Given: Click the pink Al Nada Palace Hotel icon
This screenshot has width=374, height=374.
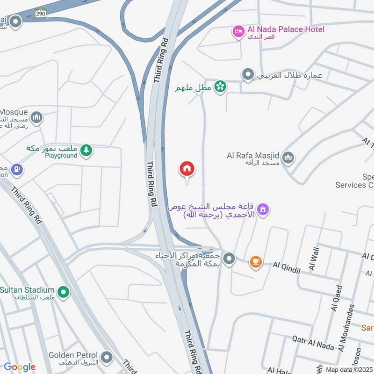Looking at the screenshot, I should (x=238, y=32).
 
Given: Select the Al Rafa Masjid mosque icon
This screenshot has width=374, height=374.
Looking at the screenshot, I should (x=288, y=158).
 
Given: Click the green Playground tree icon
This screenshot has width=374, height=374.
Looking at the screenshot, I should (x=86, y=150).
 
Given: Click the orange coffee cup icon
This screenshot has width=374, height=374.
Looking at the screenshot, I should (x=256, y=262).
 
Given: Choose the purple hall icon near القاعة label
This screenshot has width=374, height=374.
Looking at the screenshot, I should (x=264, y=210).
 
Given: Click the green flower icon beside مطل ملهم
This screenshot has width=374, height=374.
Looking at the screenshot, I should (x=220, y=86).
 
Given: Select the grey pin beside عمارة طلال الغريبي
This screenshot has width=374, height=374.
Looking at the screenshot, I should (x=248, y=74).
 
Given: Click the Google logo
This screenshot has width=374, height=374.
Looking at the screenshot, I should (x=19, y=367).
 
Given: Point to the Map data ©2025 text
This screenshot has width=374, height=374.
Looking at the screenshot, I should (x=349, y=369).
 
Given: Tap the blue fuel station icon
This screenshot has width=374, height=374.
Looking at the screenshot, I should (x=17, y=169).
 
